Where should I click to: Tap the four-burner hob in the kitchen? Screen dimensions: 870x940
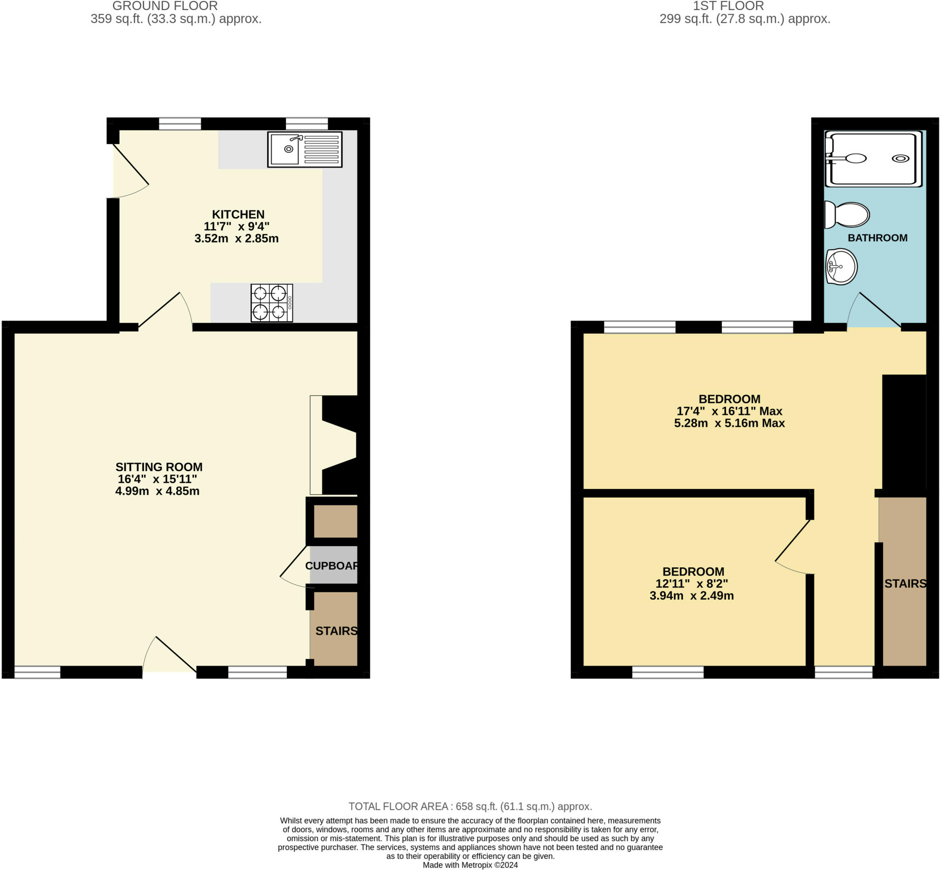(272, 303)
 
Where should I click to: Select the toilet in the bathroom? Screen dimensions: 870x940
(847, 215)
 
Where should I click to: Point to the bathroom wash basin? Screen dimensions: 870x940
(842, 267)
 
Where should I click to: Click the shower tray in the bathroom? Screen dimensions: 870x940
(873, 159)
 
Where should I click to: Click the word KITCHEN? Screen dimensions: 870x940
(238, 214)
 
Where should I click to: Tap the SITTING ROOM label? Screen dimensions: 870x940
(159, 467)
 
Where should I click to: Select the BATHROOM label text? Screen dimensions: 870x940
(878, 238)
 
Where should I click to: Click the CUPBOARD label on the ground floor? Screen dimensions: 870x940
(331, 566)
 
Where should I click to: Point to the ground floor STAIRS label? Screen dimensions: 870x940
(336, 631)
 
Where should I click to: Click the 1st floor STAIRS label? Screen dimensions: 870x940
(905, 584)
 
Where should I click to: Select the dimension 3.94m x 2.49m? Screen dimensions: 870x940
(692, 595)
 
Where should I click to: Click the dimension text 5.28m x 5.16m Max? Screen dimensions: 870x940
(729, 423)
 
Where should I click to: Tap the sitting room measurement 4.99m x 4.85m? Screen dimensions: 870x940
(157, 491)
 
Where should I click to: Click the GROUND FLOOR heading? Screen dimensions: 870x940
(165, 6)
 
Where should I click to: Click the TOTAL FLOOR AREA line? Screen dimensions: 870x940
(470, 807)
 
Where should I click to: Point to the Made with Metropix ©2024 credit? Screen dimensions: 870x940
(470, 865)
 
